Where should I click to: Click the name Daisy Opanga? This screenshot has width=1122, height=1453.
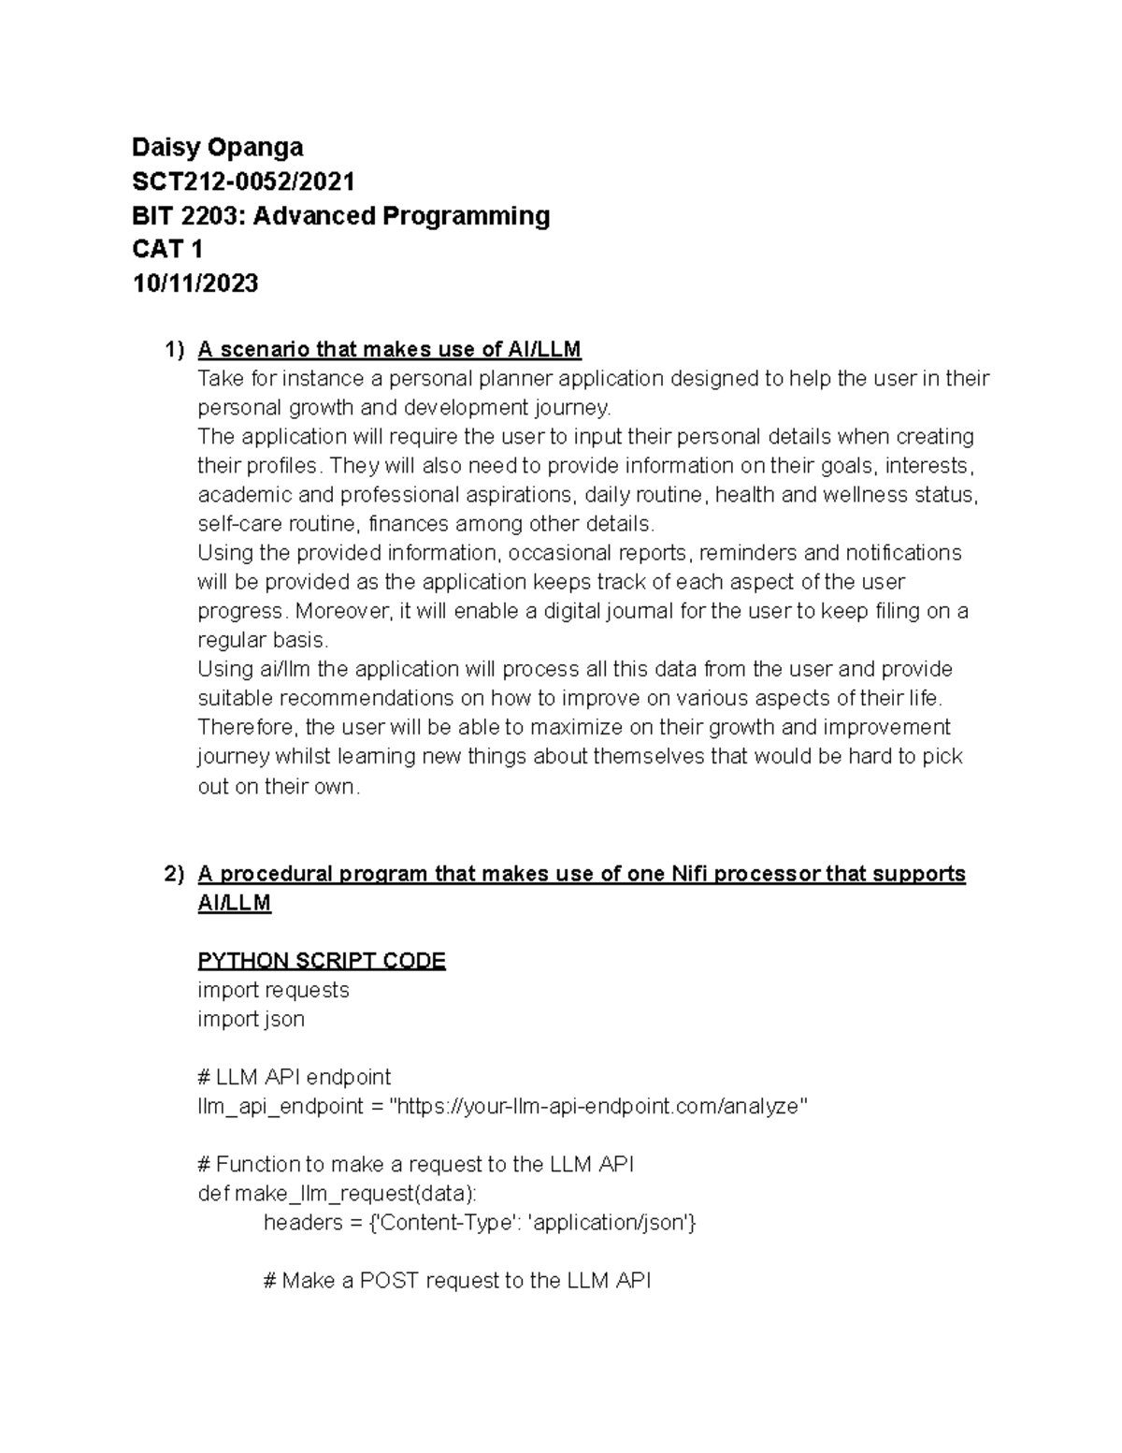217,147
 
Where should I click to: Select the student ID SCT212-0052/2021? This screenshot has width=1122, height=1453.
243,181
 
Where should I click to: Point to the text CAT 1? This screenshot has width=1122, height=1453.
167,249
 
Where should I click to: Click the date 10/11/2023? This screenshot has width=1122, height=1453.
194,283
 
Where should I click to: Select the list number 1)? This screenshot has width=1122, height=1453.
174,350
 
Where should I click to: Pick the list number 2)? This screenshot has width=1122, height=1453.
174,874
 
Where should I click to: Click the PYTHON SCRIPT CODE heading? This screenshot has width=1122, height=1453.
322,961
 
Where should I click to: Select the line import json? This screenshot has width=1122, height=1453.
251,1019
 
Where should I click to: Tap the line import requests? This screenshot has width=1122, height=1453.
273,990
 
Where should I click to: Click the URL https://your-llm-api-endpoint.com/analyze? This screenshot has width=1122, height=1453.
598,1106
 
